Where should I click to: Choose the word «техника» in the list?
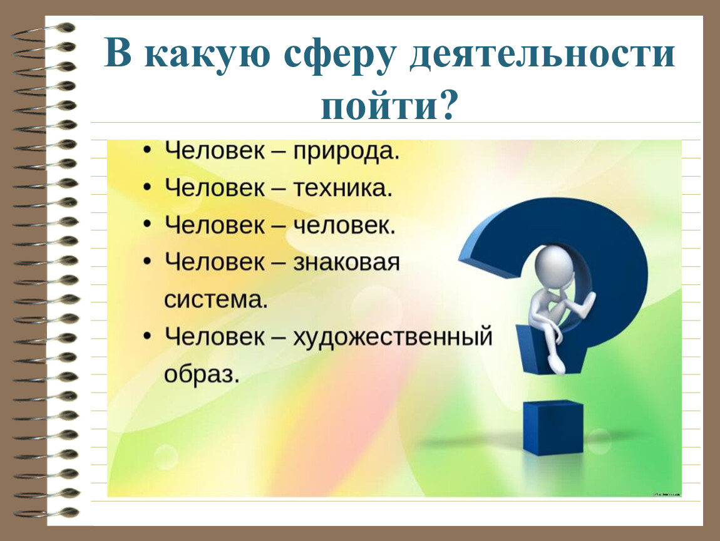(x=342, y=188)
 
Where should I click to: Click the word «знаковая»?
(x=346, y=263)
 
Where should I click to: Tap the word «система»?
(x=215, y=300)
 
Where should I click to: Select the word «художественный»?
(x=393, y=337)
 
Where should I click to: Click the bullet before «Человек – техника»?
(x=147, y=187)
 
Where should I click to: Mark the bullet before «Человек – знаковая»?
(x=147, y=262)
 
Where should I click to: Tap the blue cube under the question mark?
(x=553, y=427)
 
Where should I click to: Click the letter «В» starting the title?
(x=118, y=54)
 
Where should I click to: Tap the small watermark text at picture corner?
(x=666, y=494)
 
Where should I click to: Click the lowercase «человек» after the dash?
(x=344, y=225)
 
